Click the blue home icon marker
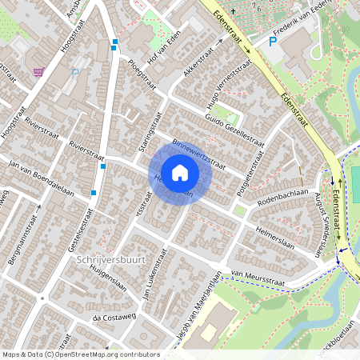(x=179, y=173)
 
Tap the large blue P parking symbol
(x=273, y=42)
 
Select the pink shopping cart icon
(x=38, y=72)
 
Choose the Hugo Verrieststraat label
(x=223, y=83)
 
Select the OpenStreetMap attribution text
(x=81, y=354)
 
